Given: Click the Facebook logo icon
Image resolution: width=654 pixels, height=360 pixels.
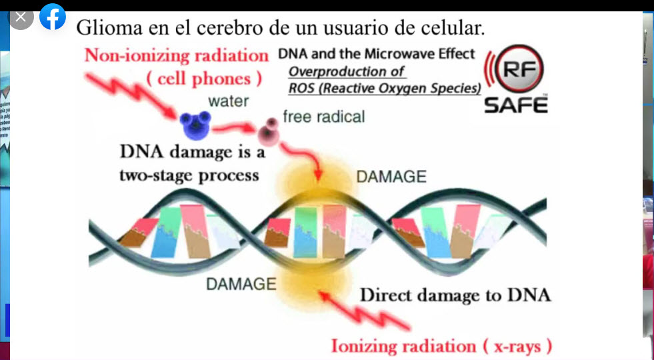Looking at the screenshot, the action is (x=53, y=17).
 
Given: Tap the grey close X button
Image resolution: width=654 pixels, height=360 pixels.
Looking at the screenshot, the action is (x=21, y=17).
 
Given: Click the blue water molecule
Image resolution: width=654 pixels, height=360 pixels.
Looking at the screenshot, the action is (x=195, y=125).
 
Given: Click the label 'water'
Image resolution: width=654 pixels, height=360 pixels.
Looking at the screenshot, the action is (x=228, y=101).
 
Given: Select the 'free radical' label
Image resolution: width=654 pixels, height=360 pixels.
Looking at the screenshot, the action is (x=323, y=117).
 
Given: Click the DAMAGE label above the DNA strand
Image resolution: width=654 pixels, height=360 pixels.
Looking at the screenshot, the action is (x=391, y=177).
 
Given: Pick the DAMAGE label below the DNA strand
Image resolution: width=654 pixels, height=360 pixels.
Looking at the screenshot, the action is (x=241, y=284).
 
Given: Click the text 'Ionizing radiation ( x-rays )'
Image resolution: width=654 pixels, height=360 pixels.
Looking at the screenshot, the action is (x=441, y=346).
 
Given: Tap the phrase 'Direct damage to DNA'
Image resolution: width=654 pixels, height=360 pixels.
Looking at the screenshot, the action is (x=455, y=295).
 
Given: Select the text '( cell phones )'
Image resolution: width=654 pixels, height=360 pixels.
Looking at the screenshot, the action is (x=205, y=78).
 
